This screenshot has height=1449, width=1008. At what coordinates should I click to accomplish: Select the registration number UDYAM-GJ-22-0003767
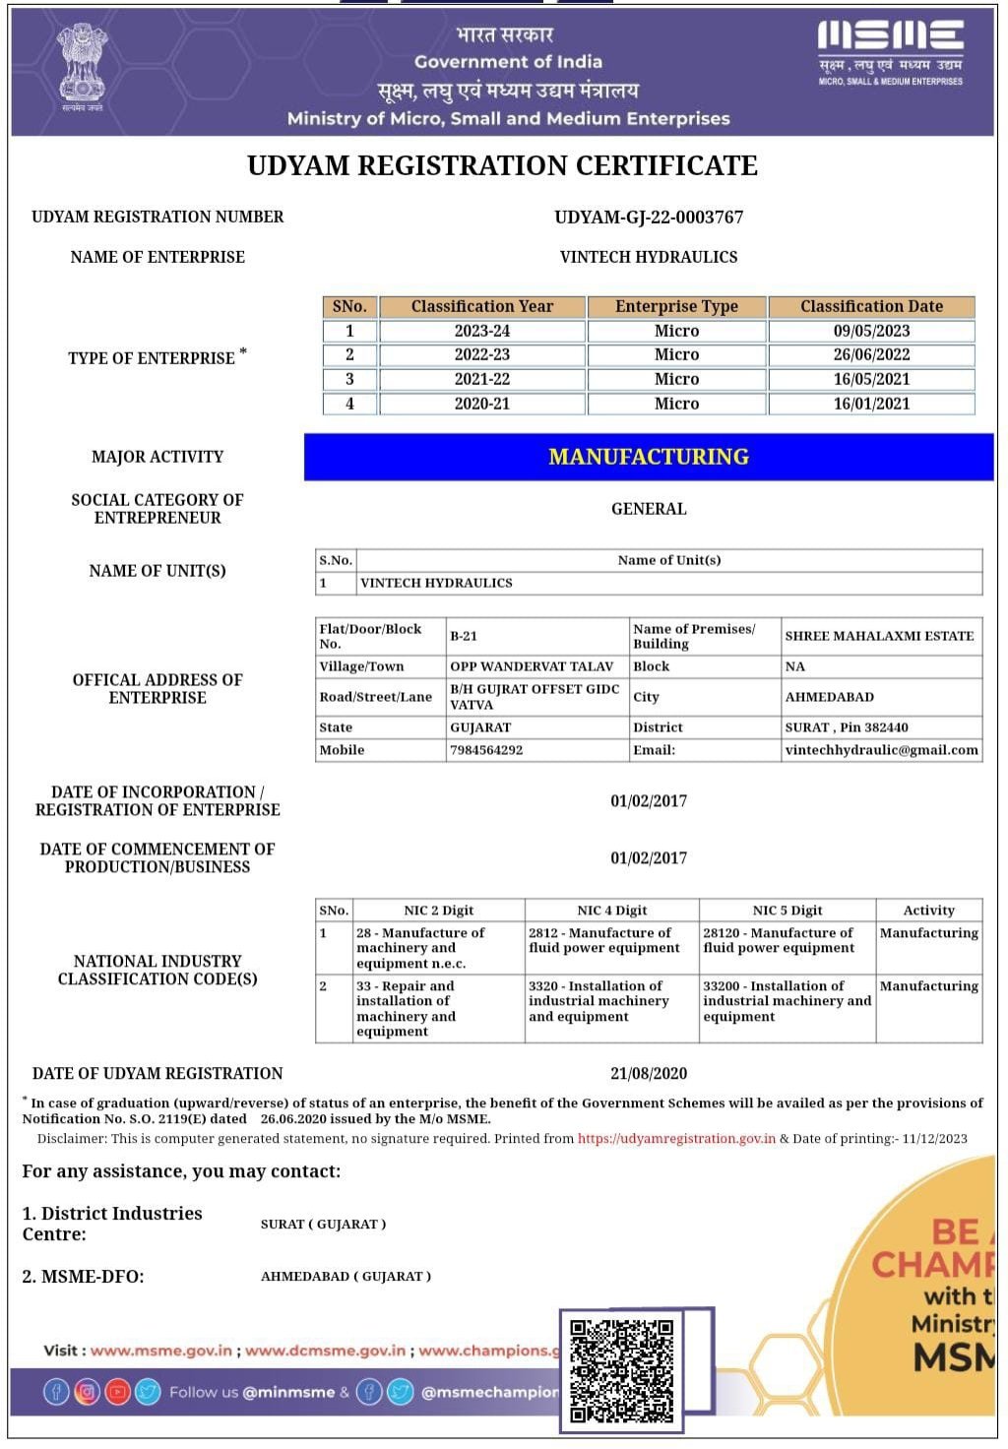(x=649, y=217)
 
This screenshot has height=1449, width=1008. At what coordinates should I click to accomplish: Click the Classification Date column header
(x=871, y=306)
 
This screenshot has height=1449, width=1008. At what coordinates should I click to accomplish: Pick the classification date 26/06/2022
(x=871, y=354)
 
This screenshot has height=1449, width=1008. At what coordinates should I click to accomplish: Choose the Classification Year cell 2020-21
(x=482, y=404)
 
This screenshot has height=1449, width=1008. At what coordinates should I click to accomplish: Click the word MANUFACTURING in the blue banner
(x=649, y=457)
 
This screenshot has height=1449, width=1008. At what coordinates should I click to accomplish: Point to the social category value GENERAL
(x=649, y=509)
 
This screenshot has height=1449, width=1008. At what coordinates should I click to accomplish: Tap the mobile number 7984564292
(x=486, y=750)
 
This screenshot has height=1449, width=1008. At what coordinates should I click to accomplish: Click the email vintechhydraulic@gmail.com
(x=881, y=750)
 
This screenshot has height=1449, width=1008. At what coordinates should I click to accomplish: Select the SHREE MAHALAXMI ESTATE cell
(x=879, y=636)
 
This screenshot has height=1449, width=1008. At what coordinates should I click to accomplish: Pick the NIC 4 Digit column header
(x=611, y=911)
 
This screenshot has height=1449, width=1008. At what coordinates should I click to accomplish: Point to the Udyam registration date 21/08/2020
(x=649, y=1073)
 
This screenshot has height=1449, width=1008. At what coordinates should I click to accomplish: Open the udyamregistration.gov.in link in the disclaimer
(x=676, y=1139)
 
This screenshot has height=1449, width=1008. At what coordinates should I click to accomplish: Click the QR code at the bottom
(x=622, y=1371)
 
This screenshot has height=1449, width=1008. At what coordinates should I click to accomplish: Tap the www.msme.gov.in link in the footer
(x=161, y=1351)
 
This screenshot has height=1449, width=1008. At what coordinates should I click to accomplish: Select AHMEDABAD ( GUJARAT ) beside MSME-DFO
(x=346, y=1277)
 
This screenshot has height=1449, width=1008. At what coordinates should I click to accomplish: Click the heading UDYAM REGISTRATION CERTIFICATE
(x=502, y=165)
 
